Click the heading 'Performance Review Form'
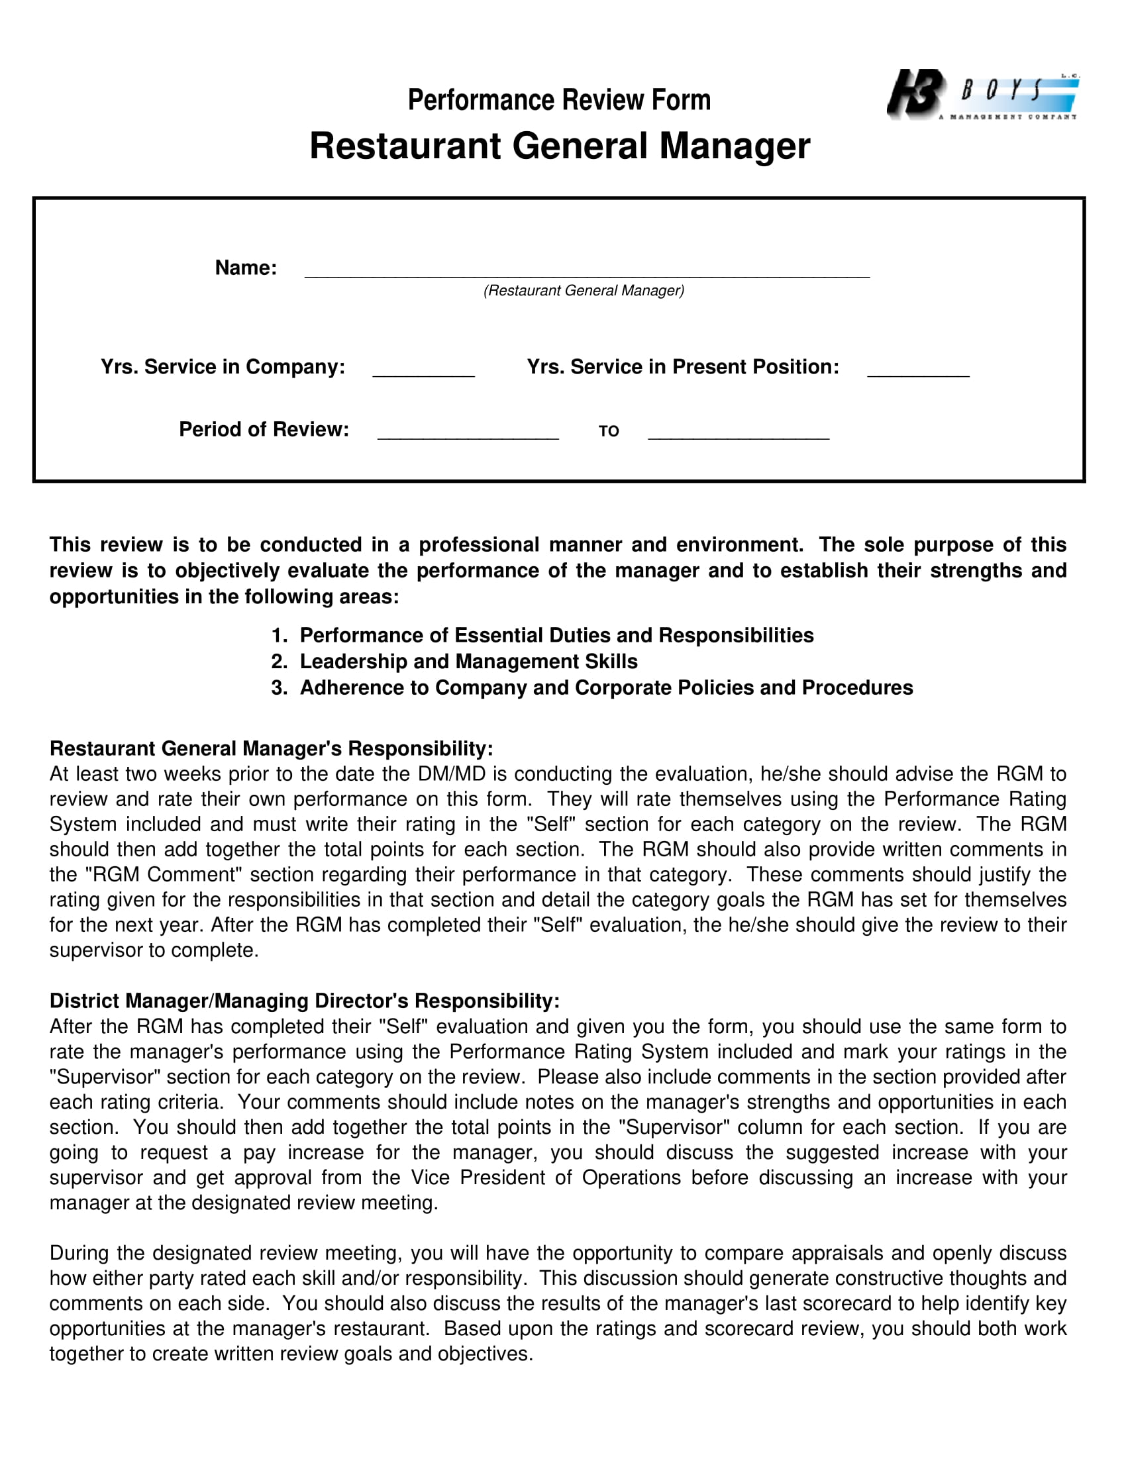[x=559, y=100]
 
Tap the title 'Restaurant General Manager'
[x=559, y=146]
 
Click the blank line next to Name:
[x=587, y=270]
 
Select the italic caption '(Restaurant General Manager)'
[x=584, y=291]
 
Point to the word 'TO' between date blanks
[x=608, y=432]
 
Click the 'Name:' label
[x=246, y=268]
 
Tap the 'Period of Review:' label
[x=264, y=430]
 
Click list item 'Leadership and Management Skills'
[x=468, y=661]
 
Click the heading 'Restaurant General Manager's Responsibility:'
[x=271, y=748]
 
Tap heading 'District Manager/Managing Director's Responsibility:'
[x=304, y=1001]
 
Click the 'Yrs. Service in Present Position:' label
[x=682, y=367]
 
